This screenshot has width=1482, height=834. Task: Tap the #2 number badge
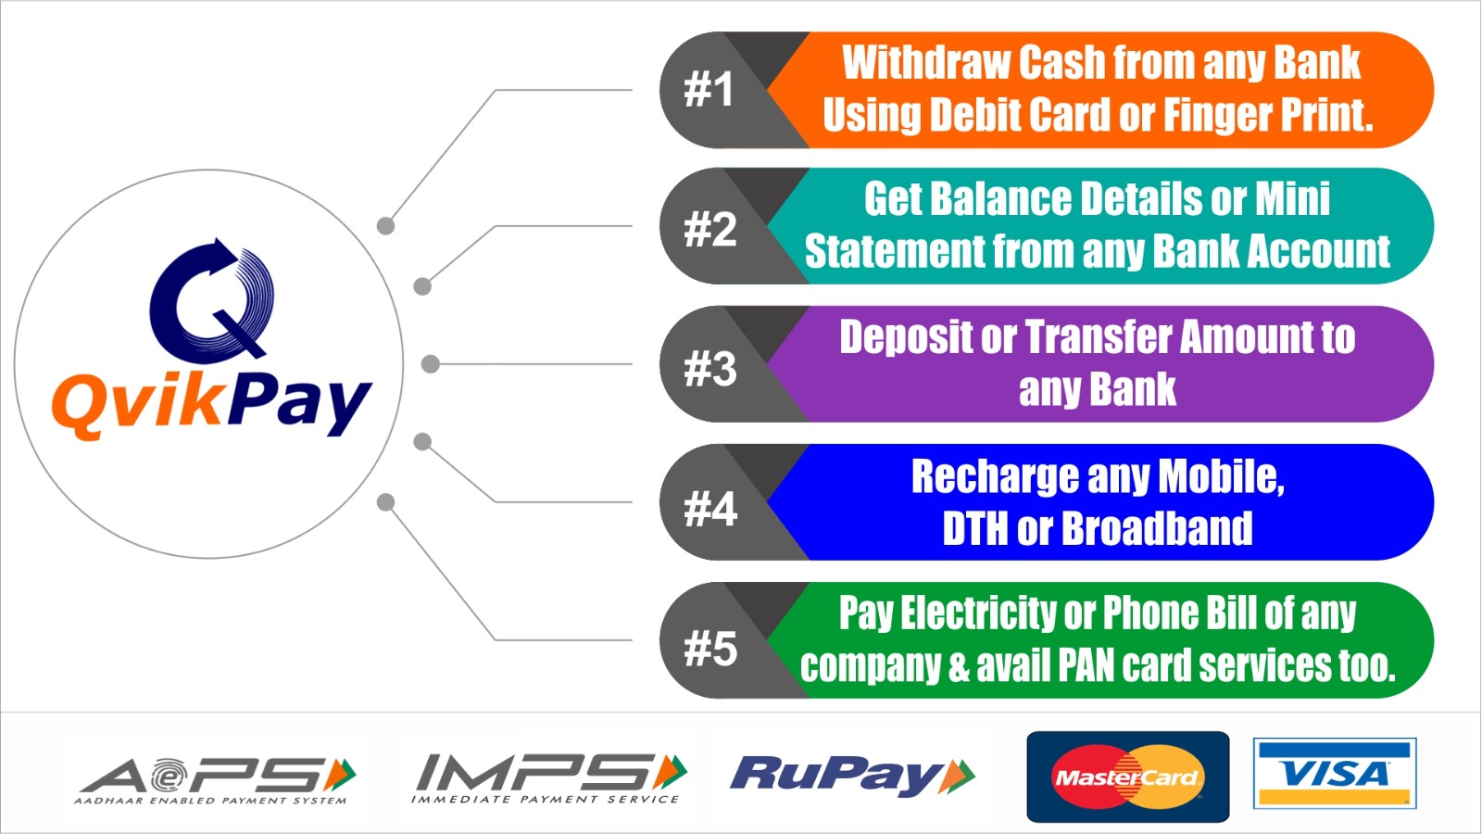(710, 229)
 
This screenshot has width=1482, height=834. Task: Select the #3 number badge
(710, 368)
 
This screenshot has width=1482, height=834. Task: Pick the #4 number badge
(710, 509)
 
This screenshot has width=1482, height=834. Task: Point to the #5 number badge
(710, 648)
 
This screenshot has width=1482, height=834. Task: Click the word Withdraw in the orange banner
(926, 62)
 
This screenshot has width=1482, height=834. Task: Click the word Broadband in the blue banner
(1157, 528)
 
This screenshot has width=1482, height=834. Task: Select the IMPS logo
(548, 777)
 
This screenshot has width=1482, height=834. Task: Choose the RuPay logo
(852, 775)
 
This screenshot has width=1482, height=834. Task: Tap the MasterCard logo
(1128, 777)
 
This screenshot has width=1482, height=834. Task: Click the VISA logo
(1335, 773)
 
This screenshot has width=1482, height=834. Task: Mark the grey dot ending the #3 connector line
(431, 363)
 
